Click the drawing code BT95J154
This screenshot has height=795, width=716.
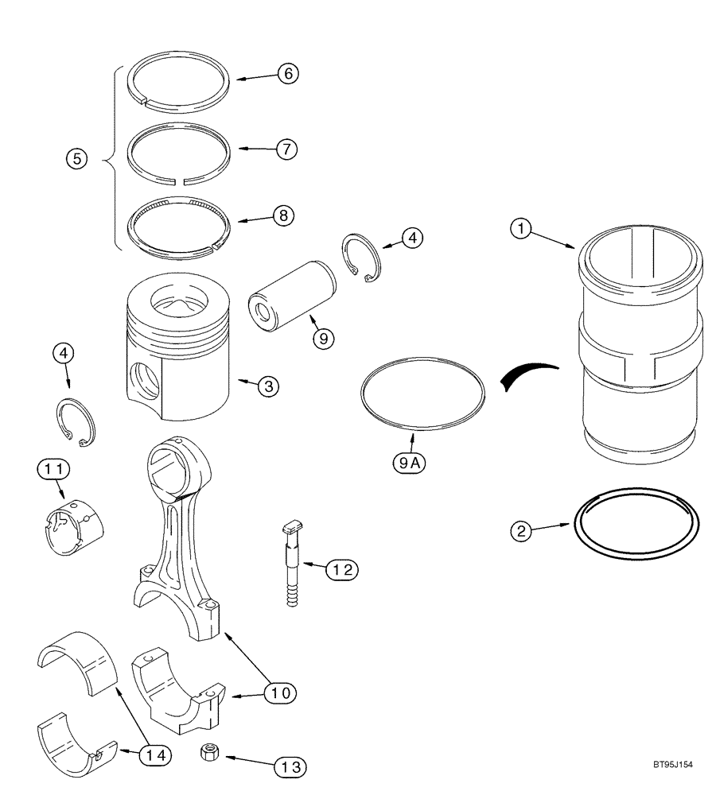click(x=670, y=765)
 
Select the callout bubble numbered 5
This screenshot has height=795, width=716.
click(x=76, y=159)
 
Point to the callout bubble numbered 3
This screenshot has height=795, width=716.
click(x=268, y=386)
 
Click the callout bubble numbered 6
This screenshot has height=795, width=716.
click(x=287, y=73)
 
